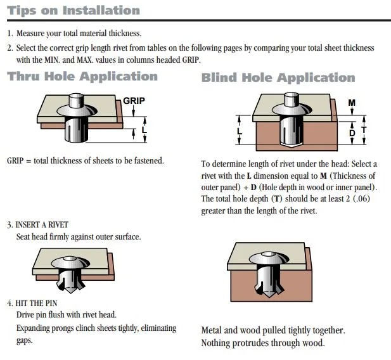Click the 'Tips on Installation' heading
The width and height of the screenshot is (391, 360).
74,11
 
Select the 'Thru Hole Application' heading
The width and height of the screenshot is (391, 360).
82,77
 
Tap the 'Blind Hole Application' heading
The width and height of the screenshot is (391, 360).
278,77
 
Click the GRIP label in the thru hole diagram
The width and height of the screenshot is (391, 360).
134,101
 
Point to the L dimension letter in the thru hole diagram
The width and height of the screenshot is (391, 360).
144,130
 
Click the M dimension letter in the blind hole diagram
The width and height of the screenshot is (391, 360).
352,103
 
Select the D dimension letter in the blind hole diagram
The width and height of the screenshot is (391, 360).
352,133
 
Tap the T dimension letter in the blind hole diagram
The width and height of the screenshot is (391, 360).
364,130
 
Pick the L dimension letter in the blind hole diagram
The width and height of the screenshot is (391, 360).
240,131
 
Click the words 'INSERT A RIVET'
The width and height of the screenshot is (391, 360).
42,225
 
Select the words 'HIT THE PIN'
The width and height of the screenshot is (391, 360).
36,303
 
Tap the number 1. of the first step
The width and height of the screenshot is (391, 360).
10,34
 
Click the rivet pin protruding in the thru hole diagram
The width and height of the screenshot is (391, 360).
76,100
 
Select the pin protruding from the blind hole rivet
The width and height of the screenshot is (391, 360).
292,100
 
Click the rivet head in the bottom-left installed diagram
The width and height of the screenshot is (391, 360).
70,262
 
